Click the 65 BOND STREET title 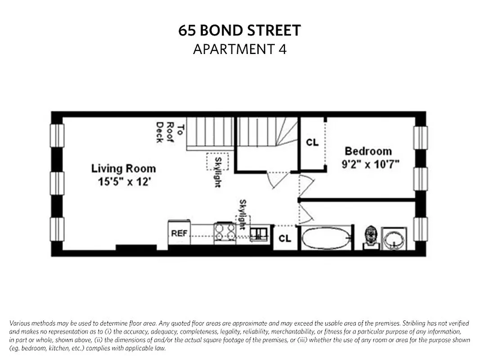[239, 31]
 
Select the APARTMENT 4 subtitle [239, 49]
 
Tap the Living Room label [123, 169]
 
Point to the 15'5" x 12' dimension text [123, 182]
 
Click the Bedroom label [368, 151]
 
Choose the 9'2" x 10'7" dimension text [371, 164]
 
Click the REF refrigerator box [179, 233]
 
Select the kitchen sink [259, 233]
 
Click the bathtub [326, 238]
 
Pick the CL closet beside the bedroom [312, 143]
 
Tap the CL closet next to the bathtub [285, 238]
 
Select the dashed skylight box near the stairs [217, 161]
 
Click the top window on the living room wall [57, 135]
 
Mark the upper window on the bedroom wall [420, 138]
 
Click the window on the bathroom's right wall [420, 229]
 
